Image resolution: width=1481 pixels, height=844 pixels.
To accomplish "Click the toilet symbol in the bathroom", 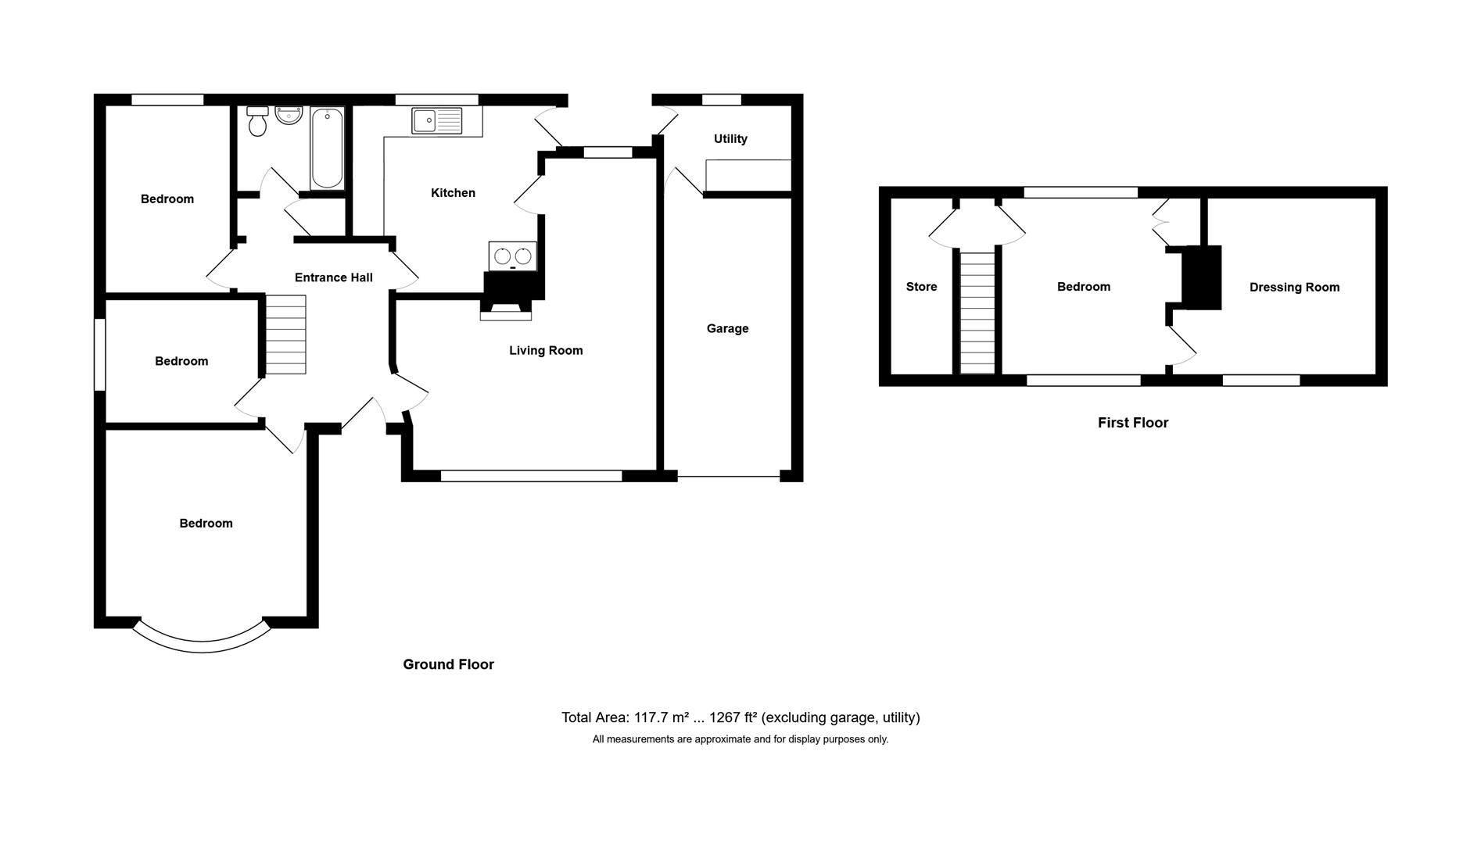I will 257,122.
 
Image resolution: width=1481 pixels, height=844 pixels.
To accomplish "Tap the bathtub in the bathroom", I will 327,148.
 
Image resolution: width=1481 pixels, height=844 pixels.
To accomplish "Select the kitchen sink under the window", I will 437,120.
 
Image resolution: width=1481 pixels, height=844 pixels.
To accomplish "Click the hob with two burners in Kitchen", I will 513,256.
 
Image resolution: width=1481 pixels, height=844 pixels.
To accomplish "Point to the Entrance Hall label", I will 333,277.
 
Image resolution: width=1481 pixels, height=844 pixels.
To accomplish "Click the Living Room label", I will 546,350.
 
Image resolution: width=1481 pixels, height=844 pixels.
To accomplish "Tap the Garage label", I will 727,328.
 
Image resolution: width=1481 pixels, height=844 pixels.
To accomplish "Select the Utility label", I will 730,138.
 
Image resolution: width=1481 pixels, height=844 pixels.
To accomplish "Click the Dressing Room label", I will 1294,287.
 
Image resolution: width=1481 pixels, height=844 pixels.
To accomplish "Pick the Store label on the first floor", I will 921,287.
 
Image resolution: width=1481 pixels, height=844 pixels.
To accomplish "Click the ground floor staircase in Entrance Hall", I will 285,334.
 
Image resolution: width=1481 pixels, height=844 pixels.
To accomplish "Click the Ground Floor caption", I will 448,664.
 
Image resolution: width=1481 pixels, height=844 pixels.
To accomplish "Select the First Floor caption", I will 1132,423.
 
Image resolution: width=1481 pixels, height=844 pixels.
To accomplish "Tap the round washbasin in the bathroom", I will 289,116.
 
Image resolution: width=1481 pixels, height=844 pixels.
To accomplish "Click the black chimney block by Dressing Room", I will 1201,277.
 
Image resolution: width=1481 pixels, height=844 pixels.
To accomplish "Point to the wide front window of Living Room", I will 531,475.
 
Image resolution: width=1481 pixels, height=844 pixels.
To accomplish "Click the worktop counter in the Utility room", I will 748,176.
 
